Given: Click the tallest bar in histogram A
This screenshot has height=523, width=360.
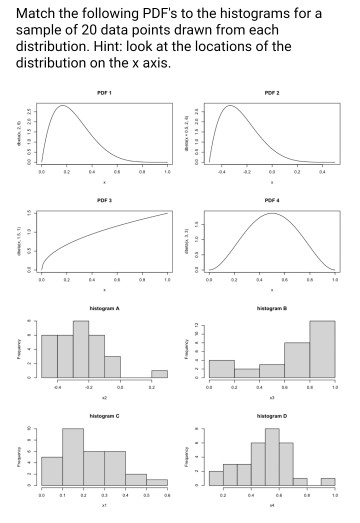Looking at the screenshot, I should [x=81, y=349].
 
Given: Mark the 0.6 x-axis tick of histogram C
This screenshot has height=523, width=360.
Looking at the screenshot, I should [x=167, y=493].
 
